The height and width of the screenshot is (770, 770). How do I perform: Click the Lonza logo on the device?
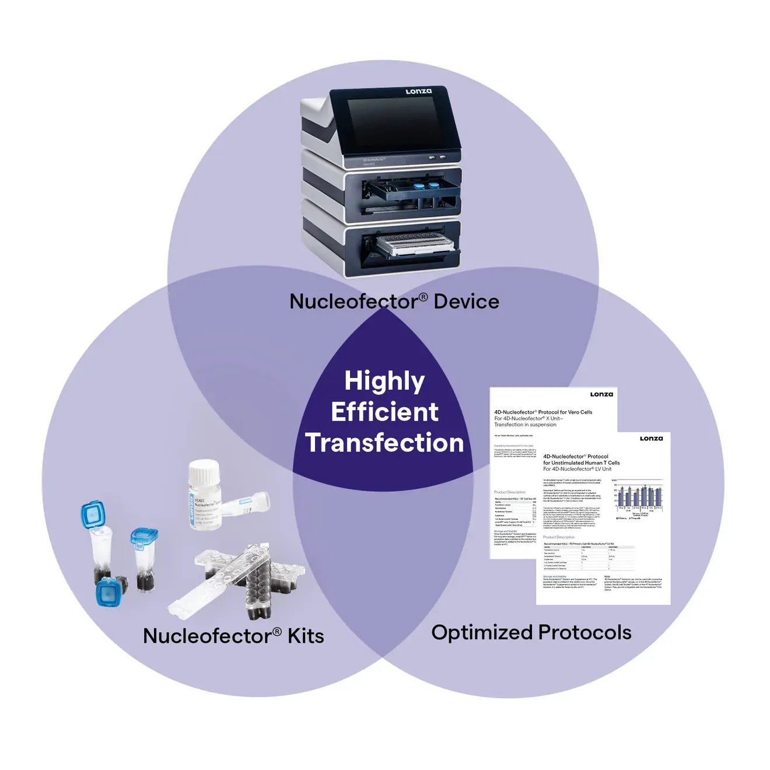tap(419, 92)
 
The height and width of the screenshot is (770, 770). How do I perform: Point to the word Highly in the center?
tap(384, 381)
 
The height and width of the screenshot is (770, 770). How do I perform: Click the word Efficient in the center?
tap(384, 412)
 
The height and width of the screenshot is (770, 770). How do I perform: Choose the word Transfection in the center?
tap(384, 443)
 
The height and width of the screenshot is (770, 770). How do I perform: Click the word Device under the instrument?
tap(467, 302)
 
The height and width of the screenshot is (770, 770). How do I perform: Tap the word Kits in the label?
tap(306, 636)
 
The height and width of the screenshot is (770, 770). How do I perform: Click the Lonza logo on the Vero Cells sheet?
tap(601, 394)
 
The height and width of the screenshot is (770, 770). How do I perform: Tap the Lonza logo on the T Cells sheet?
tap(651, 439)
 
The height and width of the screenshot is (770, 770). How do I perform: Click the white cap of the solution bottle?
tap(205, 471)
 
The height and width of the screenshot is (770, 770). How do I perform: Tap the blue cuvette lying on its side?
tap(111, 591)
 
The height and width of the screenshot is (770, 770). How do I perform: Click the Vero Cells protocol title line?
tap(543, 412)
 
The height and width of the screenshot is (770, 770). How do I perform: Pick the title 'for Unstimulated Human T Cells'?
tap(581, 463)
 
